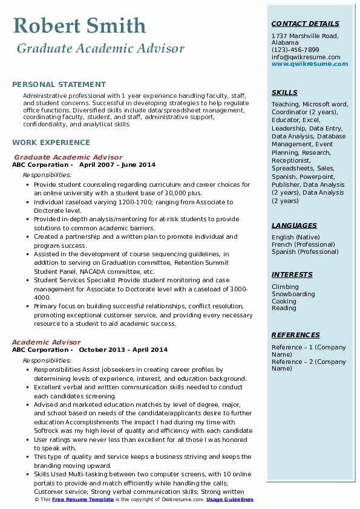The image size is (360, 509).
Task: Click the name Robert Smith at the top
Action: [79, 26]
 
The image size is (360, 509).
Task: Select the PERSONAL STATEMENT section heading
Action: [59, 85]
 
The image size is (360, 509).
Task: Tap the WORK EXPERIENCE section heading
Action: [51, 143]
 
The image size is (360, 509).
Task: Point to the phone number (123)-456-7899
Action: [295, 50]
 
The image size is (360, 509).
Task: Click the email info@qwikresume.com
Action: [306, 57]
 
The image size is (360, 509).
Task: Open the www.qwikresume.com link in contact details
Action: [306, 64]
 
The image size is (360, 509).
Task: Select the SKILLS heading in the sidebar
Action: [284, 92]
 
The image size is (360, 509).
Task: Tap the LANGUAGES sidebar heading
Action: [294, 225]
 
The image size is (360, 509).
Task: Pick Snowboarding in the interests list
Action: [293, 294]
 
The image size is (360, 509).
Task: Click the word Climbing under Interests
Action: [285, 287]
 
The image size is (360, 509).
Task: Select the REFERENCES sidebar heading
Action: [295, 335]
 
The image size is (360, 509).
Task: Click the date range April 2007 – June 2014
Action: [117, 165]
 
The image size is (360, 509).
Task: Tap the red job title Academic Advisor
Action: [46, 342]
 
